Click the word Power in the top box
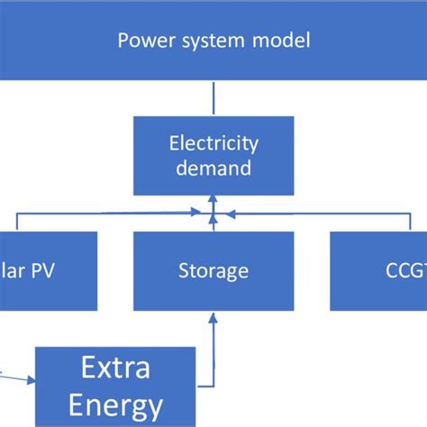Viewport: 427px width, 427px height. pos(144,41)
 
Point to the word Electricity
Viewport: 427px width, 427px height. pos(213,142)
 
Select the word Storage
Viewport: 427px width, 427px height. pos(213,270)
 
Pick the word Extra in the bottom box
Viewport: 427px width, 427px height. pos(114,368)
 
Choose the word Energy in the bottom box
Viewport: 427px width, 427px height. pos(114,403)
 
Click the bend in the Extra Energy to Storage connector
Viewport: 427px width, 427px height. pos(213,386)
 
